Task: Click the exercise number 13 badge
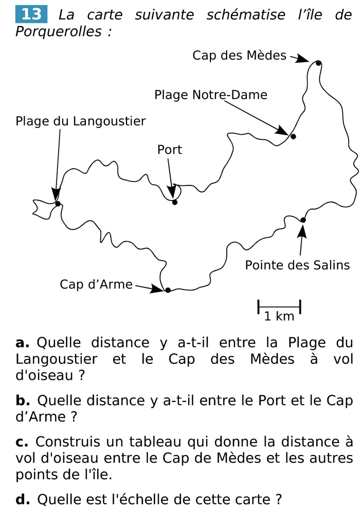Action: (x=31, y=14)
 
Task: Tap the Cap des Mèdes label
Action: (x=239, y=56)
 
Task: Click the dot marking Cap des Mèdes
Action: (x=318, y=63)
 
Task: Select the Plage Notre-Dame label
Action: (x=211, y=95)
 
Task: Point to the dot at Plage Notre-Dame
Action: (x=293, y=136)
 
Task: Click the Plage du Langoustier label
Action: (x=81, y=121)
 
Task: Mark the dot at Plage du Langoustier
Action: (x=58, y=204)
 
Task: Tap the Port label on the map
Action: (x=170, y=150)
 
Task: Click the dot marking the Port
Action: (x=175, y=202)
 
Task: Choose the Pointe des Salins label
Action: (x=297, y=265)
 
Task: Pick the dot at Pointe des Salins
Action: (x=303, y=220)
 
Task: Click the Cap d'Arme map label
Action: (x=96, y=284)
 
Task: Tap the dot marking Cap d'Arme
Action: (x=168, y=290)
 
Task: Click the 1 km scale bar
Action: (x=279, y=307)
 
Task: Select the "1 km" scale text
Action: (x=279, y=317)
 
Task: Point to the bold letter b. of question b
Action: (x=23, y=400)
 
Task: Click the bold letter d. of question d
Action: (x=23, y=499)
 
